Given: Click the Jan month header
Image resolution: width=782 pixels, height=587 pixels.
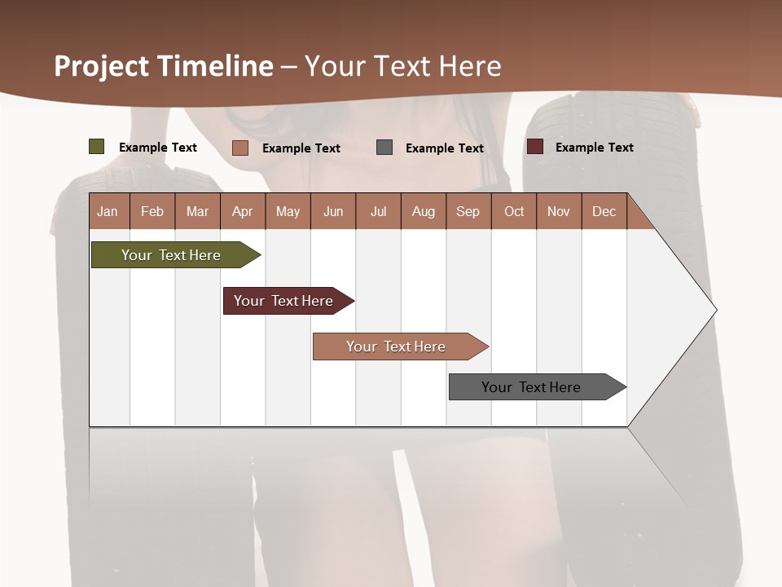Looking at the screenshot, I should coord(108,212).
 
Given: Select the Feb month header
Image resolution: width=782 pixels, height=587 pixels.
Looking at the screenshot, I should coord(152,212).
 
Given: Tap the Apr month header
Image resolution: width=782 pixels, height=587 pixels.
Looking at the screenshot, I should coord(242,212).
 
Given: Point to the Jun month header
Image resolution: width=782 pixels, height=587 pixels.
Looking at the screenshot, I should coord(333,212).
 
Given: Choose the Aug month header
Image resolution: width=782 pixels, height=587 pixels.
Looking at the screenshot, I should coord(424,212).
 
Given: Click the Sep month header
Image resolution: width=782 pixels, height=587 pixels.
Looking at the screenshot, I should coord(468,212).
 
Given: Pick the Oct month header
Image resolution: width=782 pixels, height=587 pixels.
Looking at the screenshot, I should coord(514,212).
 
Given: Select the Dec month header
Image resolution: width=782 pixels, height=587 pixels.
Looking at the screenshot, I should coord(604,212).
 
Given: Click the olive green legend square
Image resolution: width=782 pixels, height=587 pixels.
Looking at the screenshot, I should coord(97,147).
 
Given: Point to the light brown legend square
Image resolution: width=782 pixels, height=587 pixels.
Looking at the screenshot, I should coord(240,148).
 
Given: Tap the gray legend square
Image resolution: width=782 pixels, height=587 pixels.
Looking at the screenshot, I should coord(384,148).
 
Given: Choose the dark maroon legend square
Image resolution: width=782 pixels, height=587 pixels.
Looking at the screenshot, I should coord(535,147).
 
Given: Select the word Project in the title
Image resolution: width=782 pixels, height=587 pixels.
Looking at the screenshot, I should coord(103,66).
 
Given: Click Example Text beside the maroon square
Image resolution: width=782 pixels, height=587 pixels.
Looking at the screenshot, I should coord(594,148).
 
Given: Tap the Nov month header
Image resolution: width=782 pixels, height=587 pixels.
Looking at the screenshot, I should coord(559,212).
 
